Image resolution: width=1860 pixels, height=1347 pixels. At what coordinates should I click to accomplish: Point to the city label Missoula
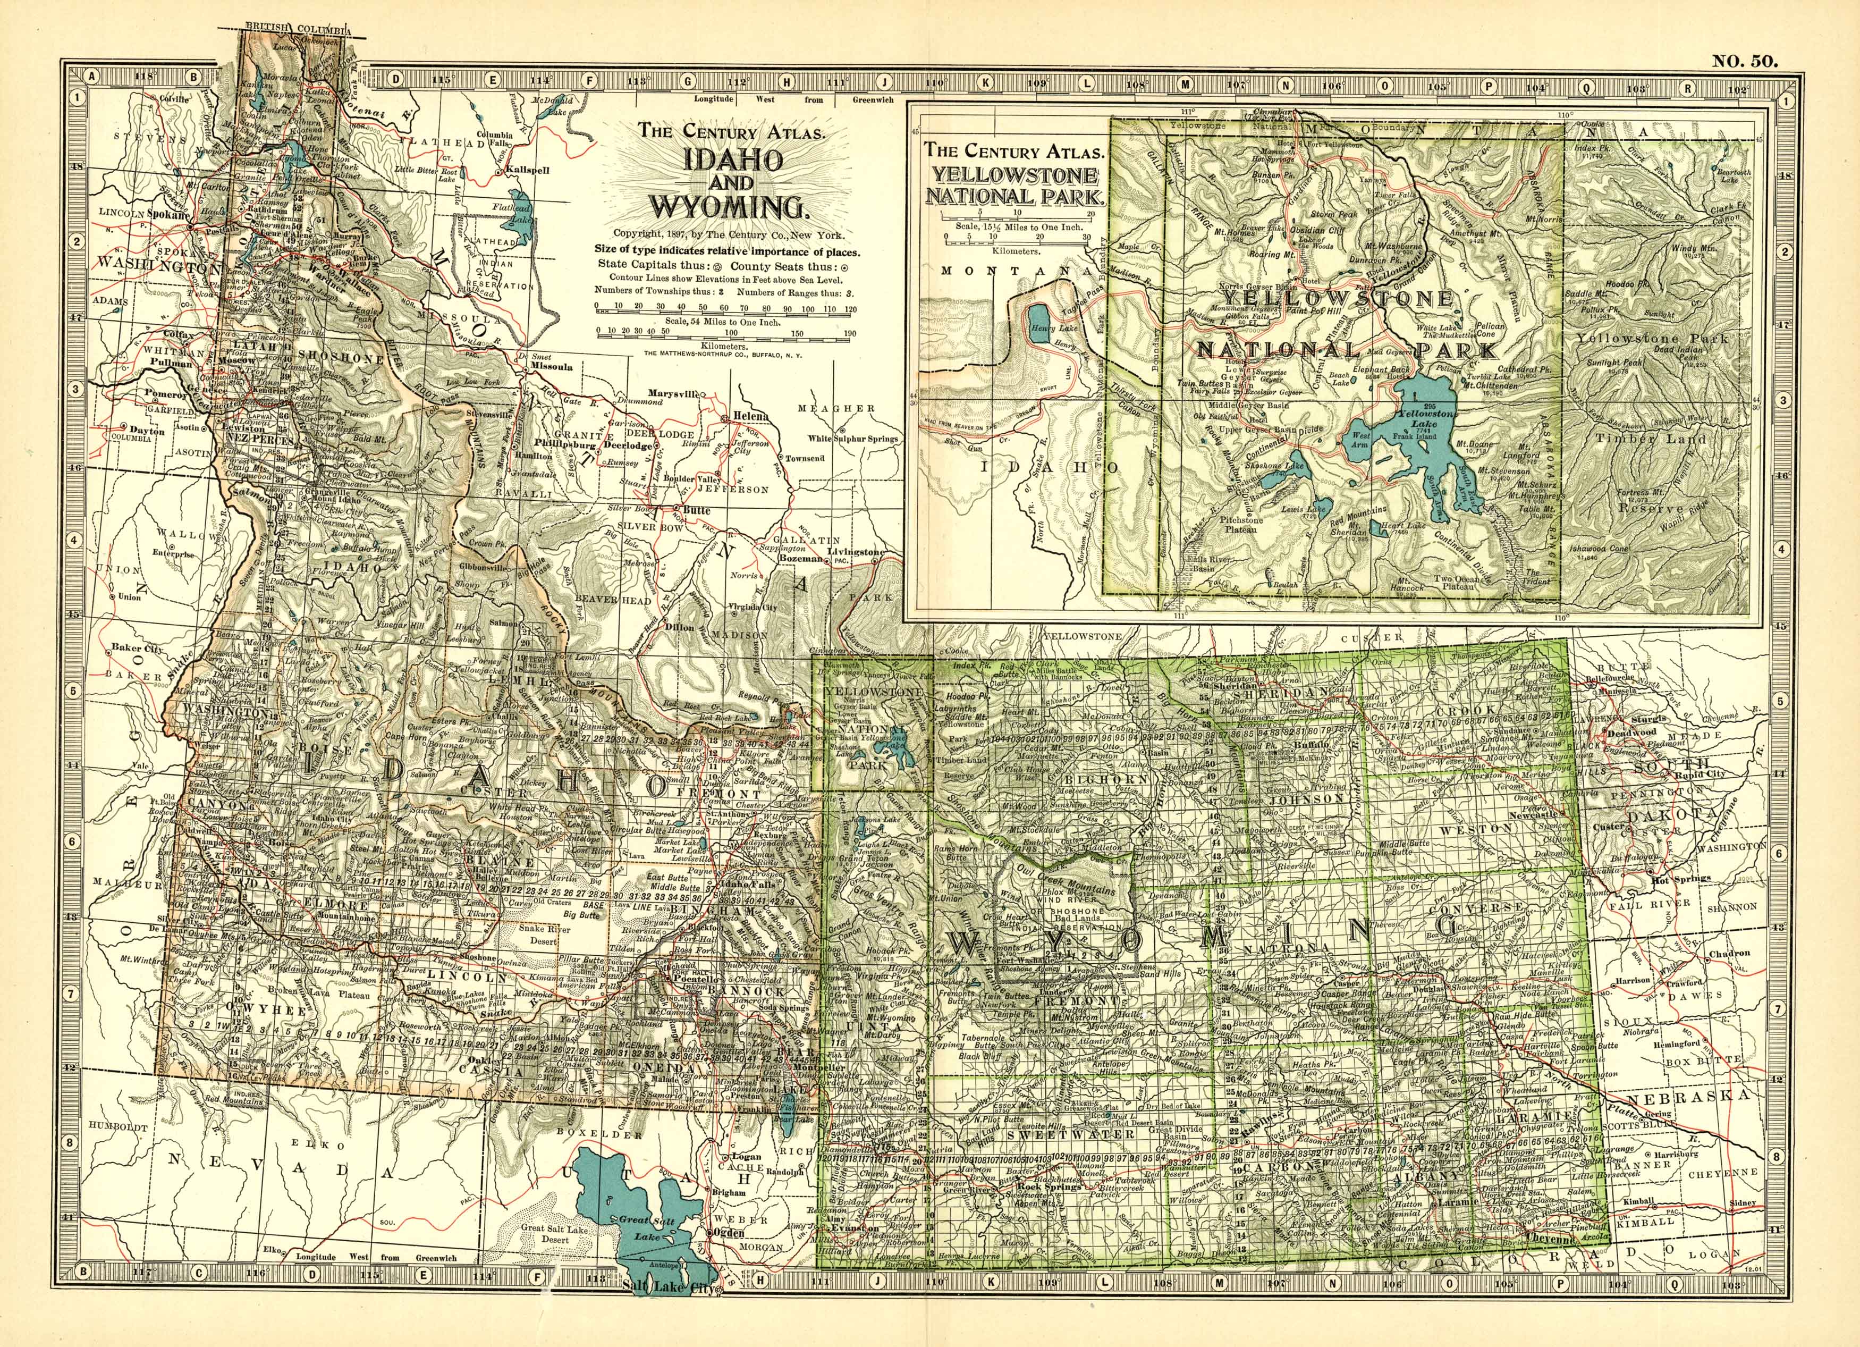552,367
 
